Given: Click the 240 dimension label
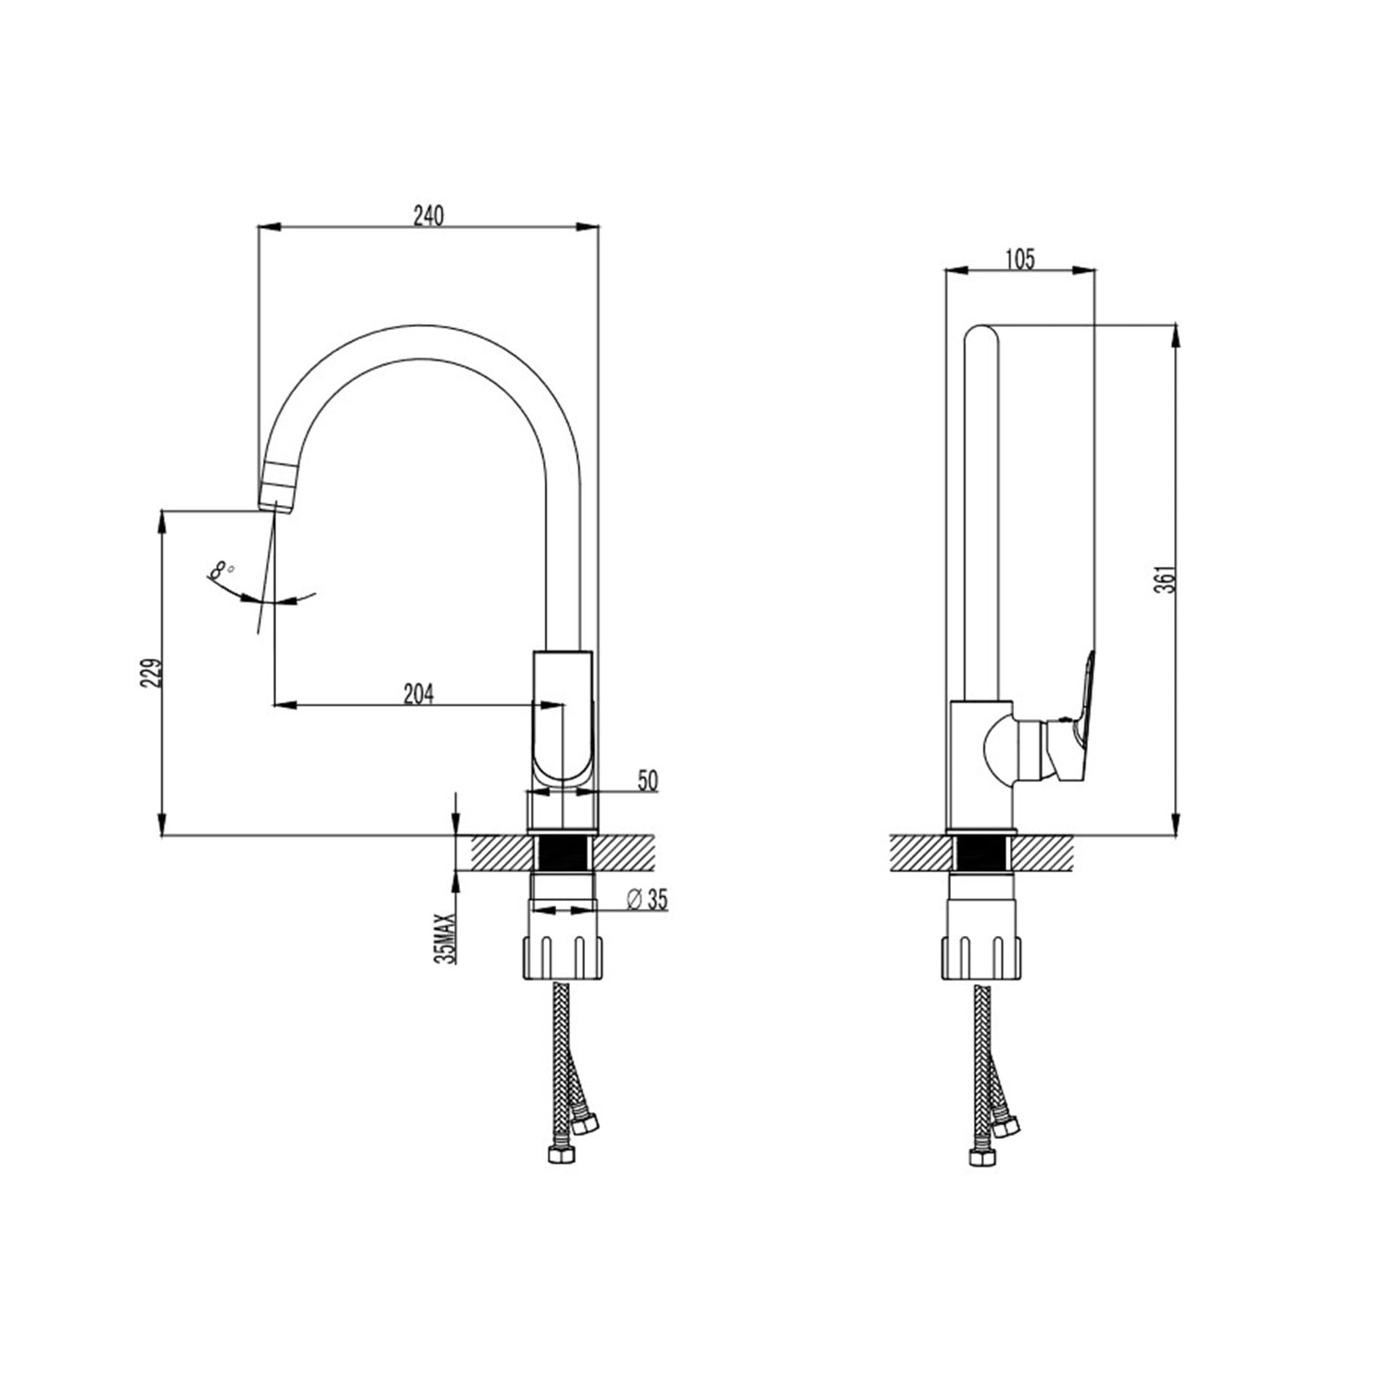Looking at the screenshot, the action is [x=429, y=215].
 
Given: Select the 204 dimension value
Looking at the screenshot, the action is [x=419, y=693].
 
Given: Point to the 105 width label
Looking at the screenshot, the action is [x=1019, y=259].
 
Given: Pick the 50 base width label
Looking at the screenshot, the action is [x=647, y=781].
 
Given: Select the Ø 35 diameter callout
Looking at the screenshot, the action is [x=647, y=899].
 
